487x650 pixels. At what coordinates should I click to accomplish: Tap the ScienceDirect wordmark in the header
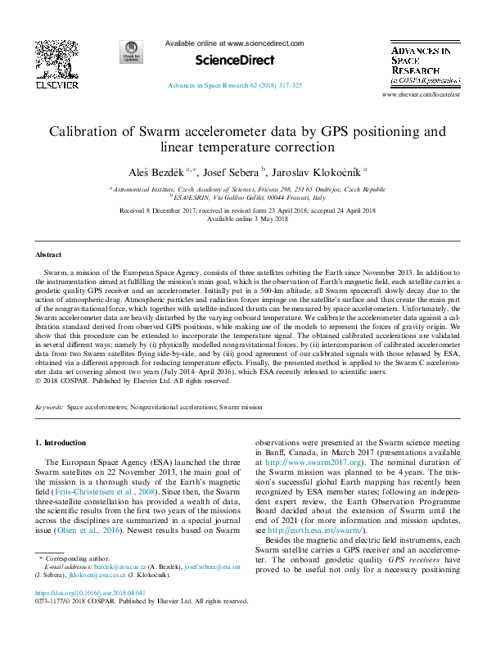226,60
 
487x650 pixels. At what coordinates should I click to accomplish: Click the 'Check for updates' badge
130,52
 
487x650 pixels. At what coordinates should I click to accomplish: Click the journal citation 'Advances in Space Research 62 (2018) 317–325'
235,85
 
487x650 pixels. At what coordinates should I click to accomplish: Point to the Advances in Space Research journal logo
421,65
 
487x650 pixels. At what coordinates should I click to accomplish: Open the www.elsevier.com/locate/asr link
420,96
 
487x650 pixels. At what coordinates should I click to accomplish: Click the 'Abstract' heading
48,255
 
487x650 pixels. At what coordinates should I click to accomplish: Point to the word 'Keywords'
48,406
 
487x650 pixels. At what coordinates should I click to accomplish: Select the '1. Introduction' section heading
61,443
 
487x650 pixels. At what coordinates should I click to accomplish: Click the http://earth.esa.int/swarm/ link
313,530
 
